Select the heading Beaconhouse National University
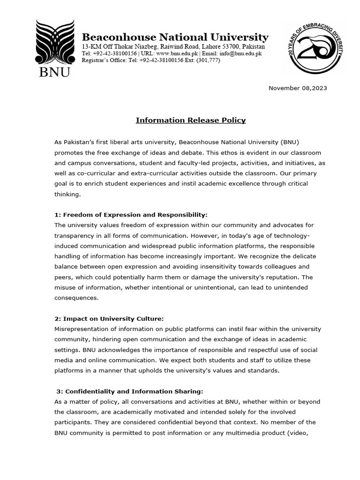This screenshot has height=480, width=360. (175, 37)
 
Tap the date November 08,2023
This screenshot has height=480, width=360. (298, 88)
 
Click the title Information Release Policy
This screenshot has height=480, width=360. (191, 120)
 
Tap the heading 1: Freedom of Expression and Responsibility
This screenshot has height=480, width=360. (131, 215)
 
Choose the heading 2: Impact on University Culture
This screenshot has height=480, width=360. (109, 318)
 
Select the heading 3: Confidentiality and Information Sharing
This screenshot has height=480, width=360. (130, 391)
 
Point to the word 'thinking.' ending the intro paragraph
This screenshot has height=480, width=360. (68, 194)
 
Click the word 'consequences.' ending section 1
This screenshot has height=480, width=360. (76, 297)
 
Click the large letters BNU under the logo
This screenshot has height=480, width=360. (52, 72)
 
